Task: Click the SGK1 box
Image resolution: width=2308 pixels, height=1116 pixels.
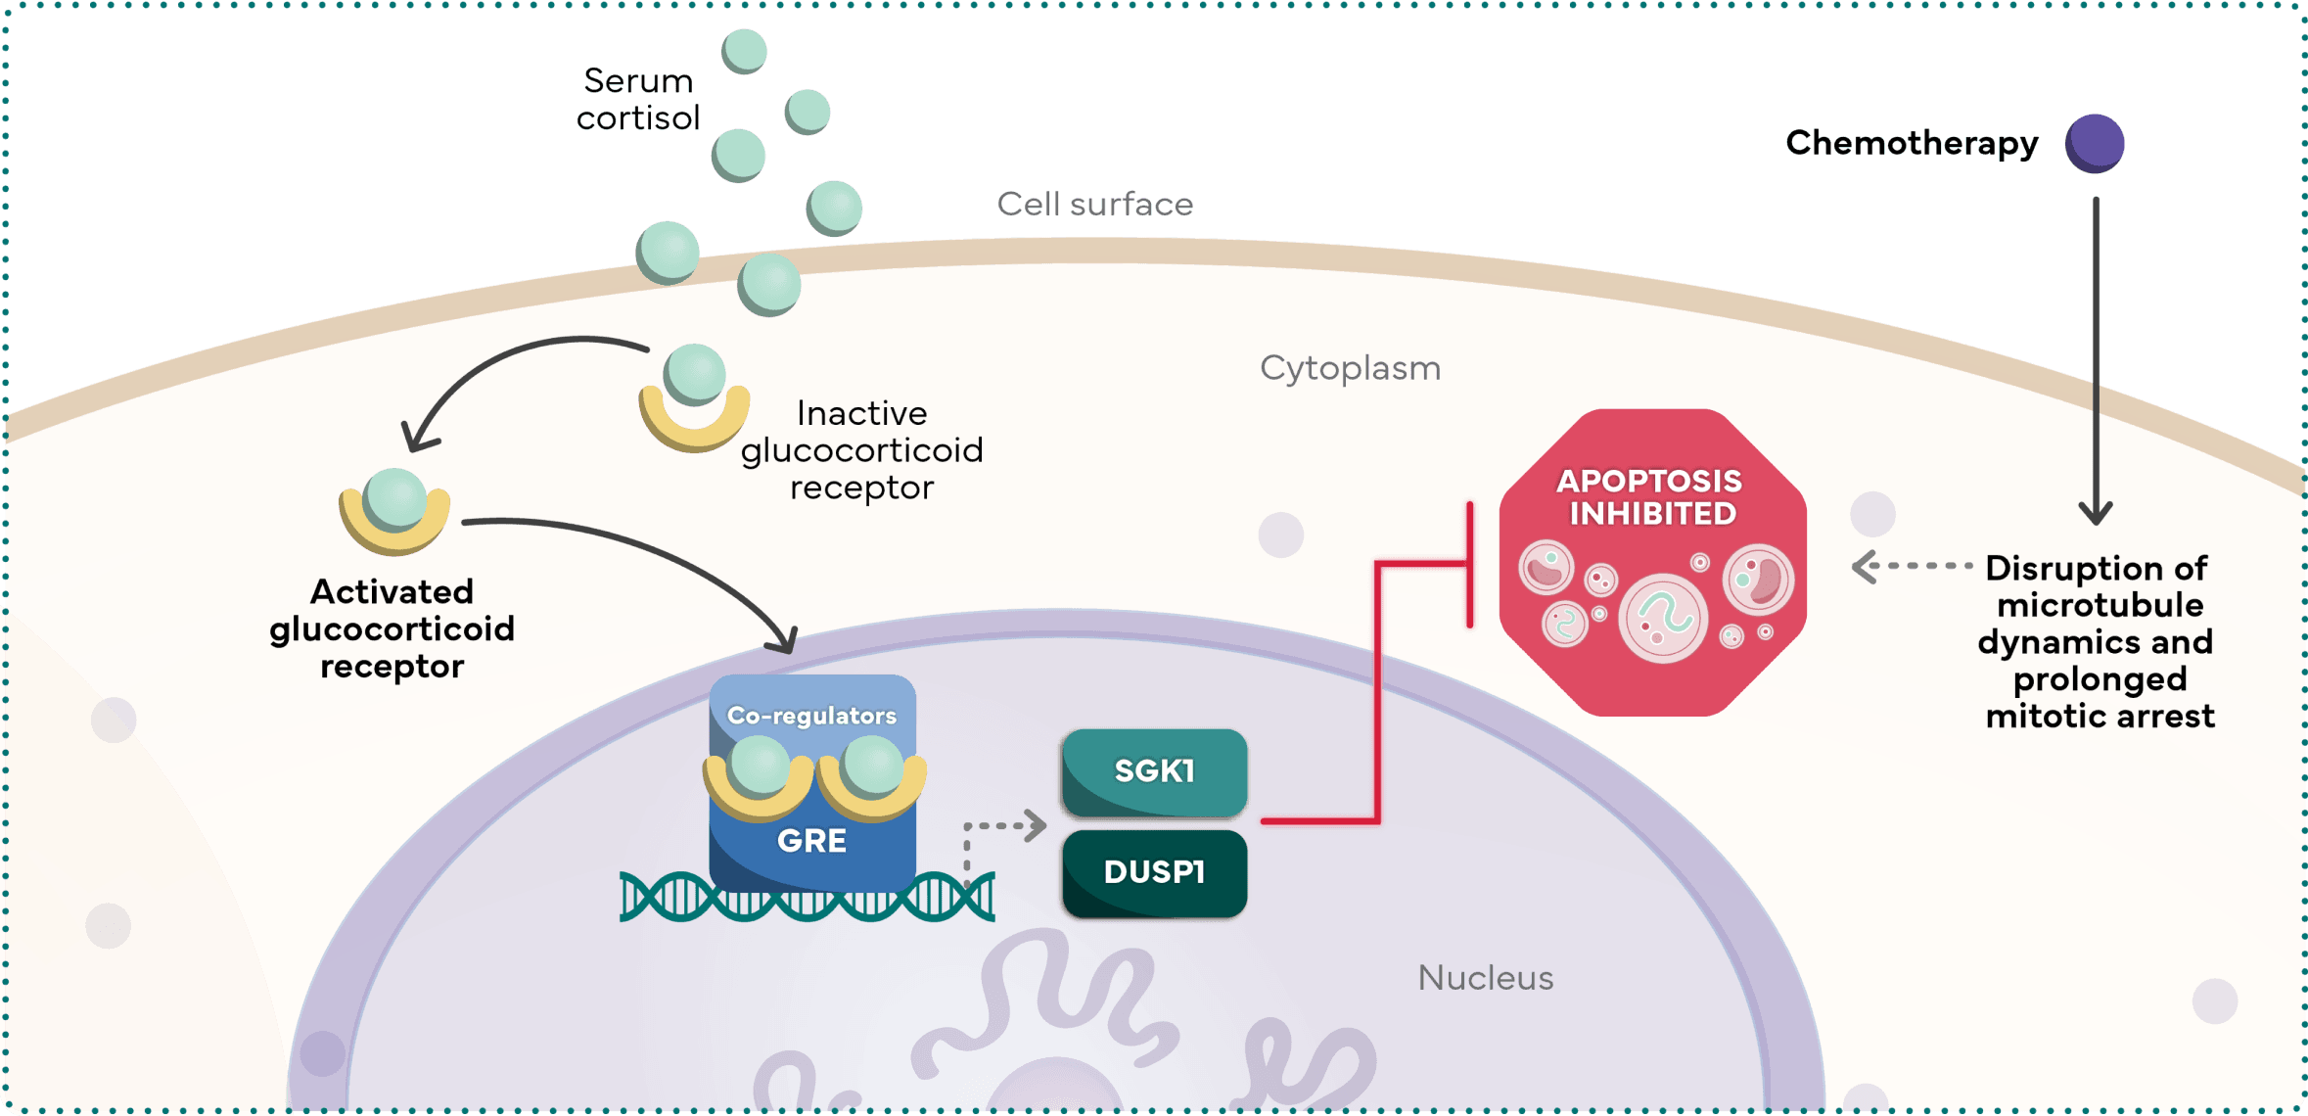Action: [x=1154, y=772]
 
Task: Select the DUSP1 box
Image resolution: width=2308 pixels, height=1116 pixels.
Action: [x=1154, y=873]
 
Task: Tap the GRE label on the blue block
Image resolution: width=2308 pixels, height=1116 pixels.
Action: [x=811, y=841]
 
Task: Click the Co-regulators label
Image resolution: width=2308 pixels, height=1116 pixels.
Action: [x=811, y=716]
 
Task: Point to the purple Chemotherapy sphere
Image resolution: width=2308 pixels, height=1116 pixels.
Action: [x=2095, y=143]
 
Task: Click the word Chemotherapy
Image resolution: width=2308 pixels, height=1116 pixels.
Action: [x=1912, y=143]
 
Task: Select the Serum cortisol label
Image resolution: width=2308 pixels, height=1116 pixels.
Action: [x=638, y=99]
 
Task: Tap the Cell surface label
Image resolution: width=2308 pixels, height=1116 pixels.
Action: [x=1094, y=204]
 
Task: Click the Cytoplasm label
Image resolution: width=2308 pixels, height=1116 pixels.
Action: [x=1350, y=368]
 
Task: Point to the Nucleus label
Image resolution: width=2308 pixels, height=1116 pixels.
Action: [x=1485, y=978]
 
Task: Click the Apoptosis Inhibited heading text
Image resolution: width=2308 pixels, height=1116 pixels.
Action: [x=1651, y=497]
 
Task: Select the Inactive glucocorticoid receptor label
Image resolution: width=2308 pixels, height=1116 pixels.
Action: [x=861, y=449]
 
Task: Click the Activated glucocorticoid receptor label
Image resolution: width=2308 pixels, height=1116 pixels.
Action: [x=392, y=628]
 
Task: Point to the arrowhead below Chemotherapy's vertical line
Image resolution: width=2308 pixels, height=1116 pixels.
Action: [x=2096, y=512]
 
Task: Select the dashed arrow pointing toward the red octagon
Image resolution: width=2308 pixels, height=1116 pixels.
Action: [x=1909, y=566]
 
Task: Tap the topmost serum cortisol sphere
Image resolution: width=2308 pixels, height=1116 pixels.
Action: [x=745, y=51]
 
